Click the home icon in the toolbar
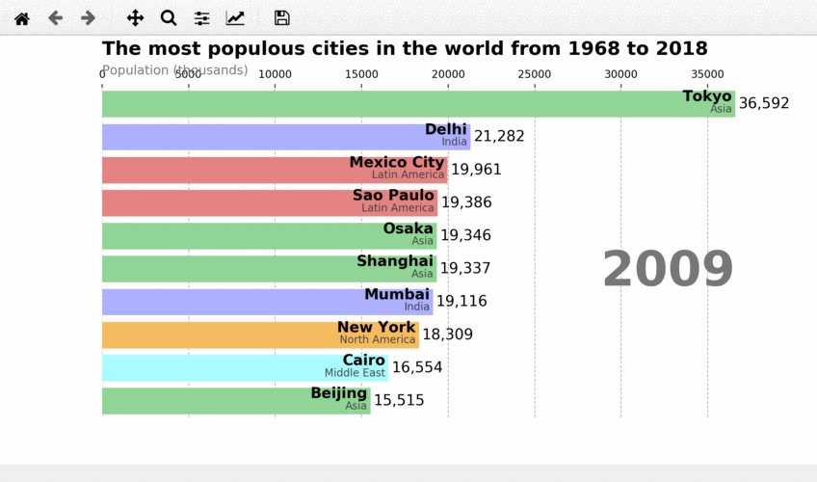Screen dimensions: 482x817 tap(21, 18)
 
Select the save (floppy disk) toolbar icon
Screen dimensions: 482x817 tap(281, 18)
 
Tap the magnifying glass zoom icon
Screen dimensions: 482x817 tap(169, 18)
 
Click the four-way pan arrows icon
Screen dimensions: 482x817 tap(136, 18)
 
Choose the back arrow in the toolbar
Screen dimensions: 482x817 tap(55, 18)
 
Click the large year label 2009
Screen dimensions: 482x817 tap(668, 269)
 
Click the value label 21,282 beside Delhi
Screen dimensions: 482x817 tap(499, 136)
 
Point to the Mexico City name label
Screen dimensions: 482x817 tap(397, 162)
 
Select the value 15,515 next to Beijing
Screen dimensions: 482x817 tap(399, 400)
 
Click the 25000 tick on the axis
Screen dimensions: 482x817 tap(534, 74)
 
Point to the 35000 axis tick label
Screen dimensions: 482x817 tap(707, 74)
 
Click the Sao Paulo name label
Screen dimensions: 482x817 tap(393, 195)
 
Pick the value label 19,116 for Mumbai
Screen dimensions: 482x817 tap(461, 301)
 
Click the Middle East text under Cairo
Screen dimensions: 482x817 tap(355, 373)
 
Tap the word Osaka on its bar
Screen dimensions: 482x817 tap(408, 228)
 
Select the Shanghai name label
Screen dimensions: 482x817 tap(395, 261)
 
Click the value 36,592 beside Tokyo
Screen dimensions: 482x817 tap(764, 103)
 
